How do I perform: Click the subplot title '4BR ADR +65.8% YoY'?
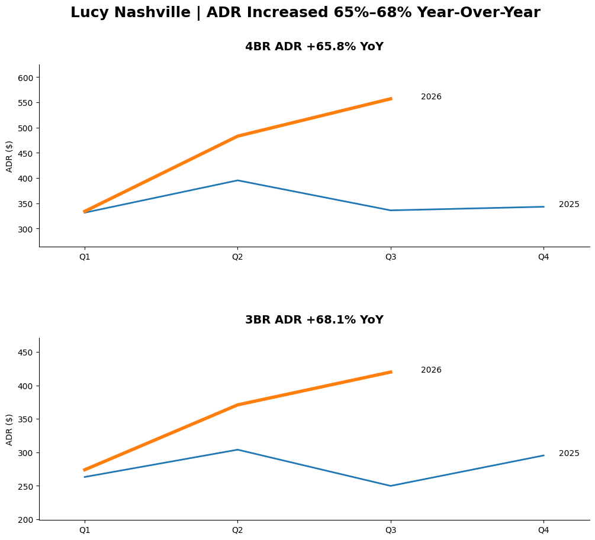click(x=314, y=47)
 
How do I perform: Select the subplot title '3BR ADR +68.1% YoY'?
click(x=314, y=320)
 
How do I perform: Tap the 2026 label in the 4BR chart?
click(x=431, y=97)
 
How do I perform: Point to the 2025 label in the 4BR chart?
click(x=568, y=205)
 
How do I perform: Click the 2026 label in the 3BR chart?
click(x=431, y=370)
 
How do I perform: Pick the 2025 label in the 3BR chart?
click(x=568, y=454)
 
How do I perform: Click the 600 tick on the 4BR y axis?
click(x=27, y=77)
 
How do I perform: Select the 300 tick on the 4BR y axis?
click(x=27, y=229)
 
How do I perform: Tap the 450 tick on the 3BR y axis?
click(x=27, y=353)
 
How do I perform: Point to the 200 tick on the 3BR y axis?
click(x=27, y=520)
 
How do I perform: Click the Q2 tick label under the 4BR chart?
click(x=237, y=257)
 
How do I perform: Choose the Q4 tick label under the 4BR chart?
click(x=543, y=257)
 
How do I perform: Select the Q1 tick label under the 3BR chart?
click(x=85, y=530)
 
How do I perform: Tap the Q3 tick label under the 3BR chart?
click(x=390, y=530)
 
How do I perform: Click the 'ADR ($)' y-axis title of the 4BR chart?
click(x=9, y=156)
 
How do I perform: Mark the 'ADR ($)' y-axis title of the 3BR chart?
click(x=9, y=429)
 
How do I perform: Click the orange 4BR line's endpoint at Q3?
click(x=390, y=99)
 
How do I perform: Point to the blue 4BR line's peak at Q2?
click(x=237, y=180)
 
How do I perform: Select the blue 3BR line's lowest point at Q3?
click(x=390, y=486)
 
